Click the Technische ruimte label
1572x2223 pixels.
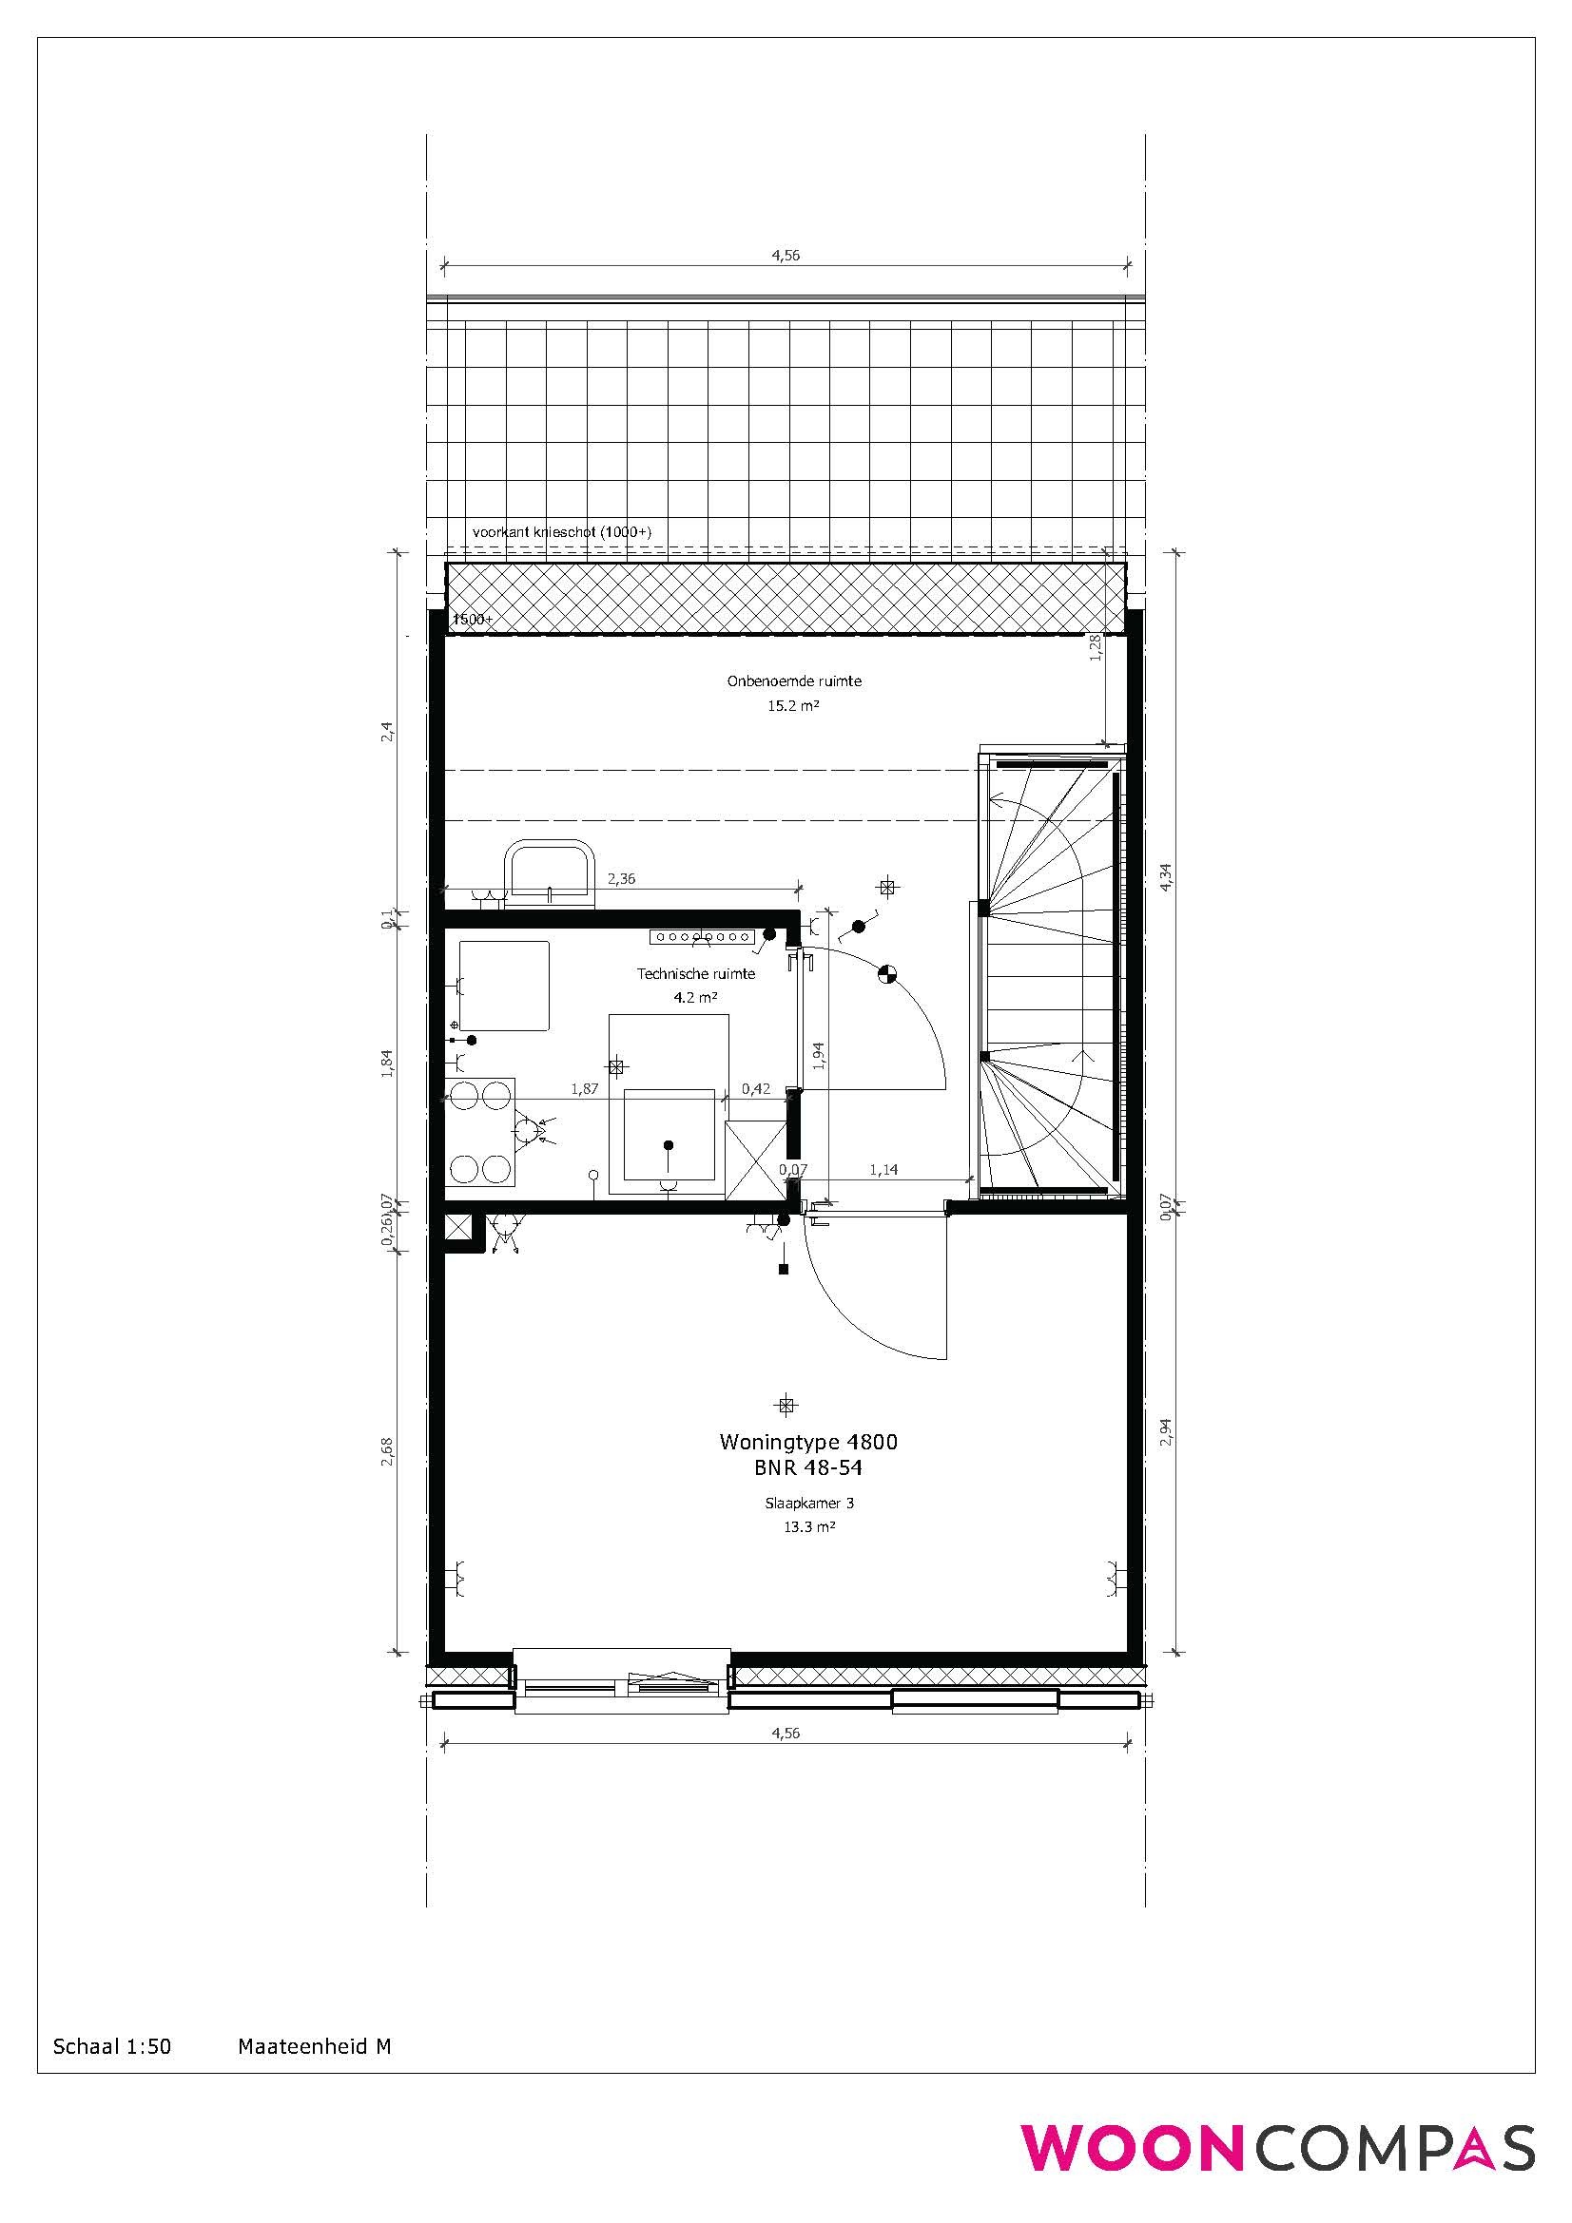[695, 974]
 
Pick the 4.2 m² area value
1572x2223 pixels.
[695, 996]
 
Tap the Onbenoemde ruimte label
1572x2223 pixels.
[794, 680]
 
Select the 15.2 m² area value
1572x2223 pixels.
[794, 706]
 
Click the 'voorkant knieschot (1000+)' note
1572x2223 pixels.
[562, 532]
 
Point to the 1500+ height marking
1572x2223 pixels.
[474, 619]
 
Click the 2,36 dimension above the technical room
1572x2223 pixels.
[621, 879]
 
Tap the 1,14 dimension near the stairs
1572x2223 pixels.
[883, 1170]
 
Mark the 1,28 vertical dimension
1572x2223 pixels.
[1096, 648]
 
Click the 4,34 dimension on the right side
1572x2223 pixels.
[1166, 876]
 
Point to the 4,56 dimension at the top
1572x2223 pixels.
[786, 256]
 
